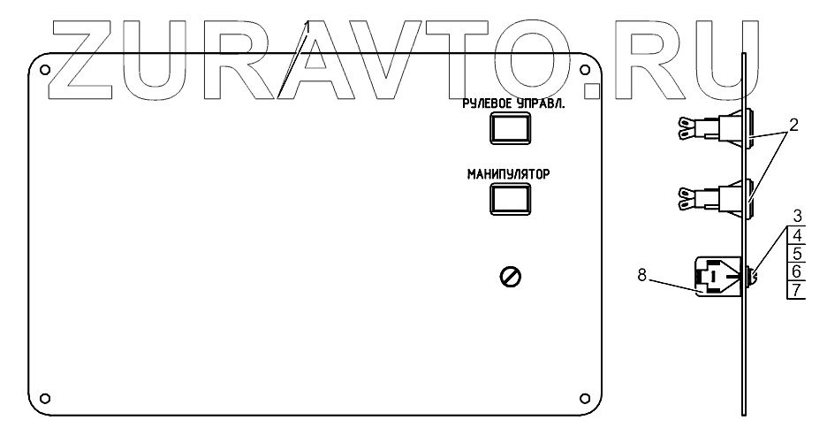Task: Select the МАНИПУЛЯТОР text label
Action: (508, 174)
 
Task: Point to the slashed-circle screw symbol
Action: (510, 278)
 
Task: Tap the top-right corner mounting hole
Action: (582, 70)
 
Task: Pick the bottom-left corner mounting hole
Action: (46, 395)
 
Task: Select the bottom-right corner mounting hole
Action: (582, 395)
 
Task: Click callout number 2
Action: (793, 126)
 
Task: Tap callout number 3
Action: (797, 215)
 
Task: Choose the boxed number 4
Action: (797, 235)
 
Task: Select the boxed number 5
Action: (797, 253)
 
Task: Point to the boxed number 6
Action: (797, 271)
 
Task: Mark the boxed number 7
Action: (797, 290)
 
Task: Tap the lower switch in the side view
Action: (716, 195)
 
